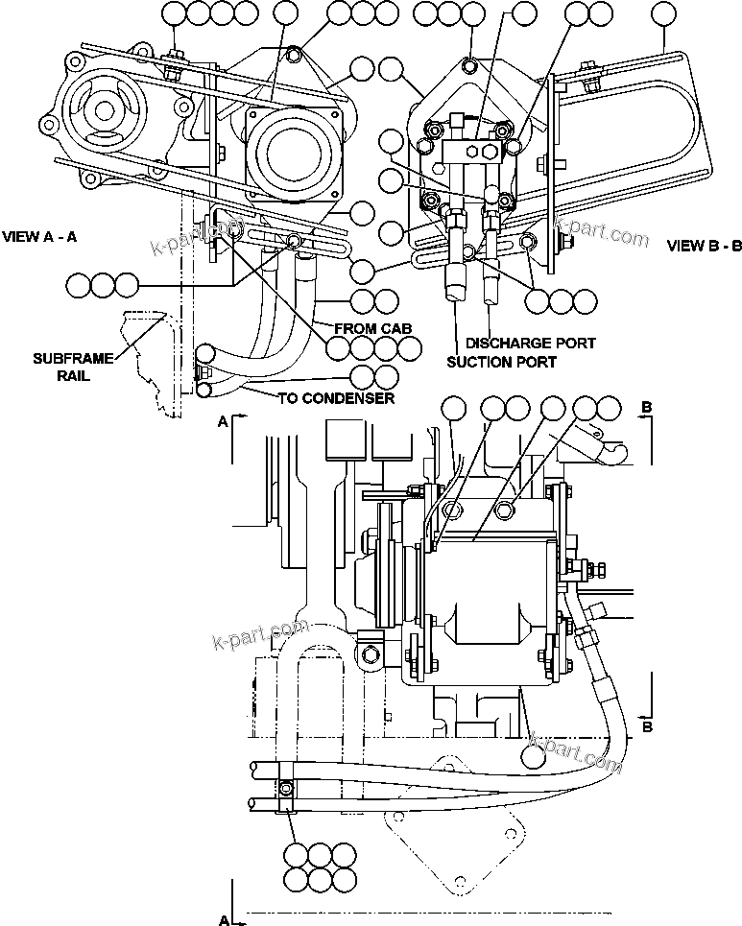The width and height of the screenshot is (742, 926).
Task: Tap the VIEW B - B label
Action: pos(704,246)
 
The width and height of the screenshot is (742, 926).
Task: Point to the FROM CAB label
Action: pos(372,328)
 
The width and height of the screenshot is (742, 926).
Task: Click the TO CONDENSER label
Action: pos(336,398)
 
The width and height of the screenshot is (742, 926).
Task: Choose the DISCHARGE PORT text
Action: pos(530,343)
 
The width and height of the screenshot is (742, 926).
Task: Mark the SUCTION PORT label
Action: pos(501,362)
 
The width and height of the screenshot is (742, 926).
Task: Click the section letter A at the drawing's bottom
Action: pos(224,920)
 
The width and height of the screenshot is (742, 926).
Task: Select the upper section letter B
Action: pos(647,408)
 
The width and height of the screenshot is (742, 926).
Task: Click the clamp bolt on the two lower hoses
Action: pos(286,789)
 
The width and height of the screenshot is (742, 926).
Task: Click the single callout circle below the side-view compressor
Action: pos(535,754)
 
